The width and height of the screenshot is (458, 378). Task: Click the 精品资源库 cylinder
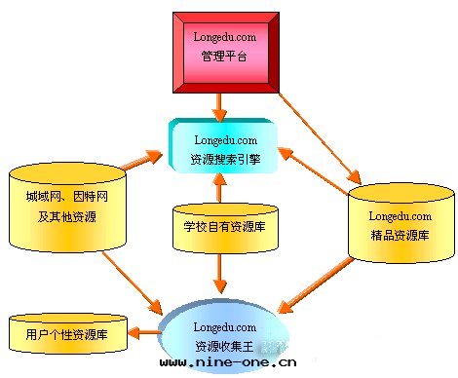[401, 224]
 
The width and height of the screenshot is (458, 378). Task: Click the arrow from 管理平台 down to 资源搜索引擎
[222, 103]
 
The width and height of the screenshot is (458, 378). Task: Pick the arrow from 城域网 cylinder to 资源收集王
[136, 283]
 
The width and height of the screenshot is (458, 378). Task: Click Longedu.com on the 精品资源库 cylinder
[401, 214]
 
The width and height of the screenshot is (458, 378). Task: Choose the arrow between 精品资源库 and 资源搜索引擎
[316, 161]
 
